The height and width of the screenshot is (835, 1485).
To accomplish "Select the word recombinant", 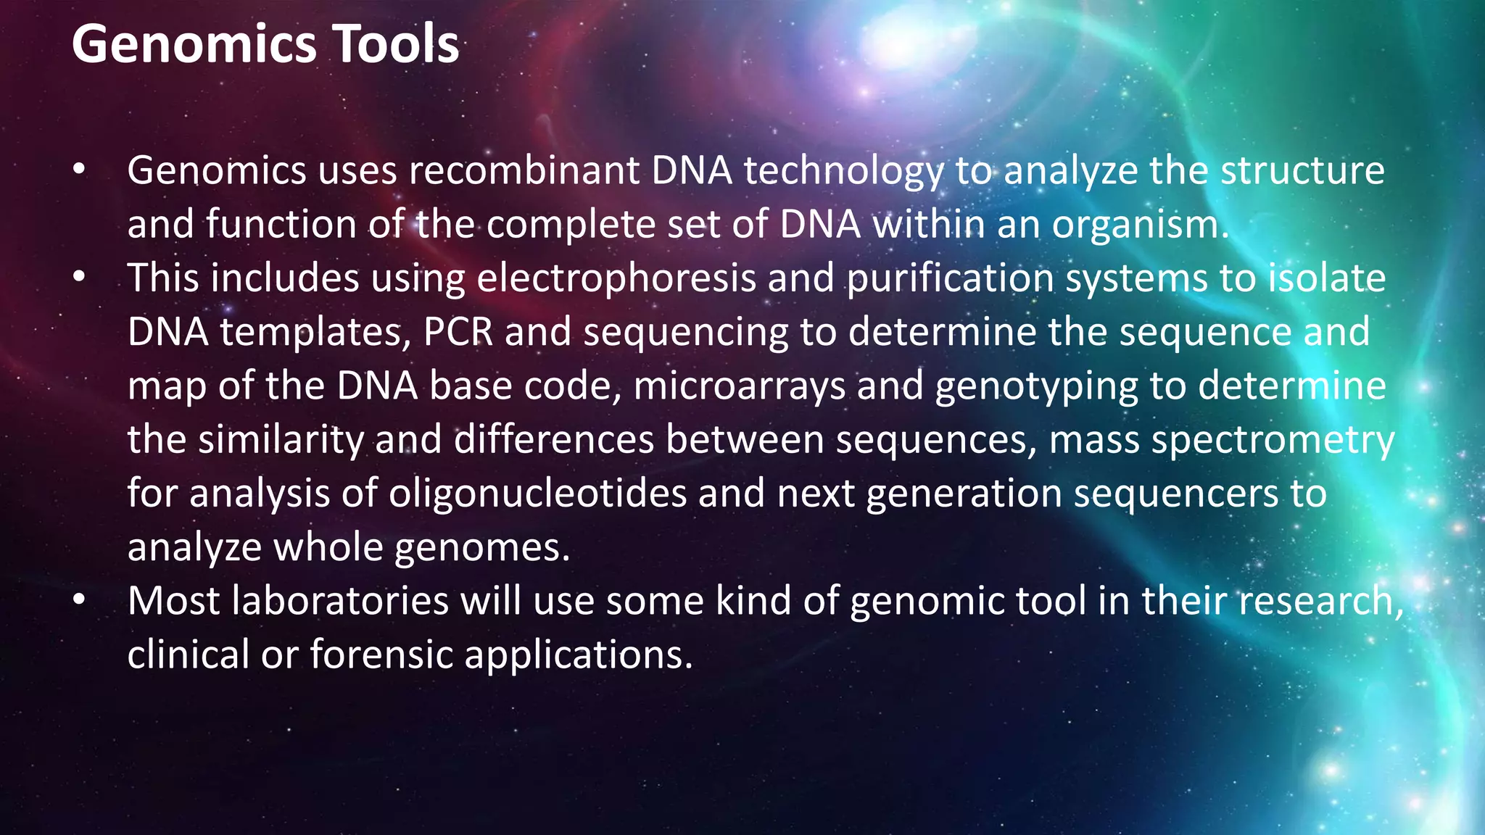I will click(524, 170).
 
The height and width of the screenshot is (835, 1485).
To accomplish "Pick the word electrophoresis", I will click(616, 278).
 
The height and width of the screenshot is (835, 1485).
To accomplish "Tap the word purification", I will click(951, 278).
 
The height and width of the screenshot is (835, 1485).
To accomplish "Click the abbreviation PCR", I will click(458, 332).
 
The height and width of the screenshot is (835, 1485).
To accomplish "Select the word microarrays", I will click(740, 386).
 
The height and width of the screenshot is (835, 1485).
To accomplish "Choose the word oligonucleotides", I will click(537, 494).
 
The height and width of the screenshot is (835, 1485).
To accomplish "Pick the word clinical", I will click(189, 655).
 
